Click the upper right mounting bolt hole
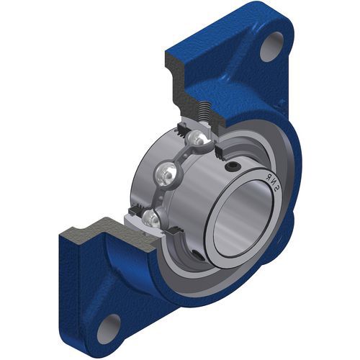click(x=272, y=47)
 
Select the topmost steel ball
click(x=197, y=140)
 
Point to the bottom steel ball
click(x=151, y=219)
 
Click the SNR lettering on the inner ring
click(x=272, y=183)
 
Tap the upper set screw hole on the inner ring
click(x=232, y=166)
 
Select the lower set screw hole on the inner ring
click(x=197, y=255)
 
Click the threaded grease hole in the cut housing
click(x=204, y=111)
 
